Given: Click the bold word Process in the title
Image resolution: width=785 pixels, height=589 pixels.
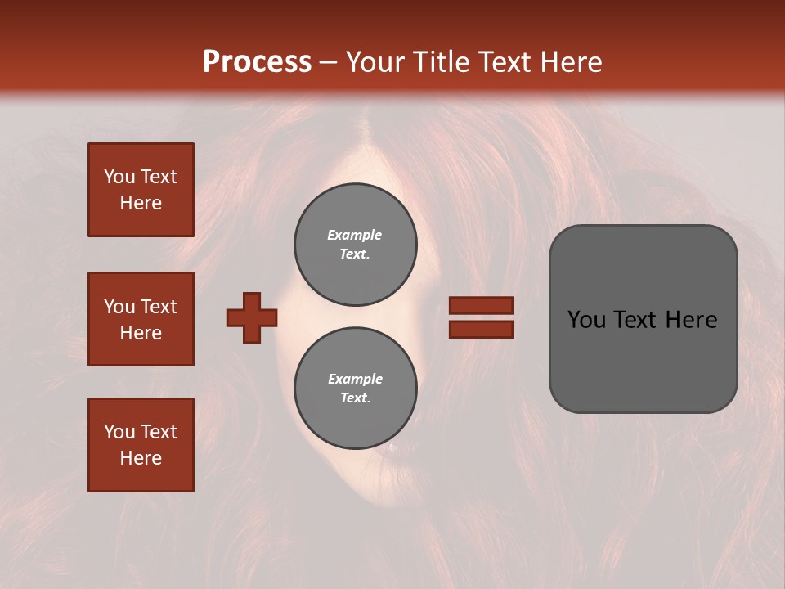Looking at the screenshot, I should coord(257,62).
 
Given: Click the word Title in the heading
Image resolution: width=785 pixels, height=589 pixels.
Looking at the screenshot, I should coord(442,62).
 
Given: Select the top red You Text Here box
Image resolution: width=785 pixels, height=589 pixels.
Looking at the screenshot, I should coord(141,190).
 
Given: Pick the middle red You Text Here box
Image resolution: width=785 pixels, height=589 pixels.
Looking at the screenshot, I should coord(141,319).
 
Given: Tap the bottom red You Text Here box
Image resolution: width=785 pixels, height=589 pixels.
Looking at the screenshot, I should coord(141,445).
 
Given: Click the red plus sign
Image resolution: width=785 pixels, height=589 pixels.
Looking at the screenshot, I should coord(252,317).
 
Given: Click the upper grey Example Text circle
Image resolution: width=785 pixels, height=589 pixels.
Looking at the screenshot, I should coord(355,245).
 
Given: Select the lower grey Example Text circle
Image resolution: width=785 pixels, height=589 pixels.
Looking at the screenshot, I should coord(355,389).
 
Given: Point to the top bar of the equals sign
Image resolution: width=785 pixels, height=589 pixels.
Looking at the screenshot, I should coord(481,305).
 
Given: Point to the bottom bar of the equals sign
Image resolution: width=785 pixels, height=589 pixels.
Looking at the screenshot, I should coord(481,329).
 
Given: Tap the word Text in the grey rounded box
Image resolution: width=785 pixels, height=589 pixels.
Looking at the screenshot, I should coord(638,320).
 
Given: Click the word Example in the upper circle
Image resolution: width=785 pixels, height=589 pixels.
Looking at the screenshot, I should coord(354,235).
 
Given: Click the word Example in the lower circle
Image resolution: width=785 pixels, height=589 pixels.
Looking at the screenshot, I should coord(355,379).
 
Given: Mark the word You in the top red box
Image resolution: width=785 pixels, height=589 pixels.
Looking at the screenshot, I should coord(119,177).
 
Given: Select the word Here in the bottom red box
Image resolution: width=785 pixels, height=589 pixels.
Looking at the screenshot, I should coord(141,458).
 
